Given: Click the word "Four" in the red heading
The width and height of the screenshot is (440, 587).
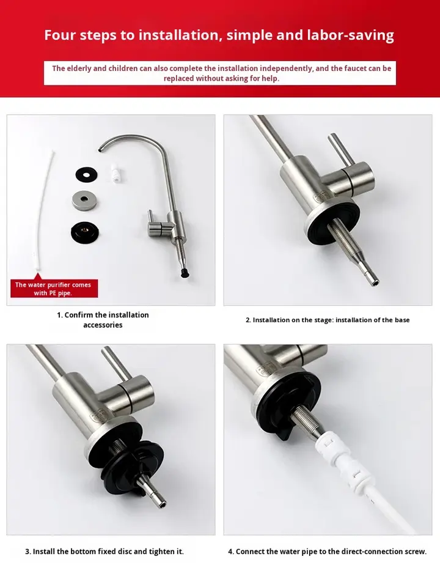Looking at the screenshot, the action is click(60, 35).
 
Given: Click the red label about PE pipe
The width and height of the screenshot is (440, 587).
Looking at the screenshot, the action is click(54, 289).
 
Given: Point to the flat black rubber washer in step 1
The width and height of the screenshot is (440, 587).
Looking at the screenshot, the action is click(86, 174).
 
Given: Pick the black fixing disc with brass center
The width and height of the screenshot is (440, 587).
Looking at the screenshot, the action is click(86, 232).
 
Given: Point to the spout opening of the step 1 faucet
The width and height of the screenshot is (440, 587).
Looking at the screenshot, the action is click(100, 150).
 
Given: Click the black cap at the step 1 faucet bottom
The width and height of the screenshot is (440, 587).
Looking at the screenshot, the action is click(184, 273).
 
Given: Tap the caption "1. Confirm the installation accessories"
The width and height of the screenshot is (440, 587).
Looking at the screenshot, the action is click(103, 320).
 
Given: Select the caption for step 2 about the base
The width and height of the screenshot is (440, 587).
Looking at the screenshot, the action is click(328, 320).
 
